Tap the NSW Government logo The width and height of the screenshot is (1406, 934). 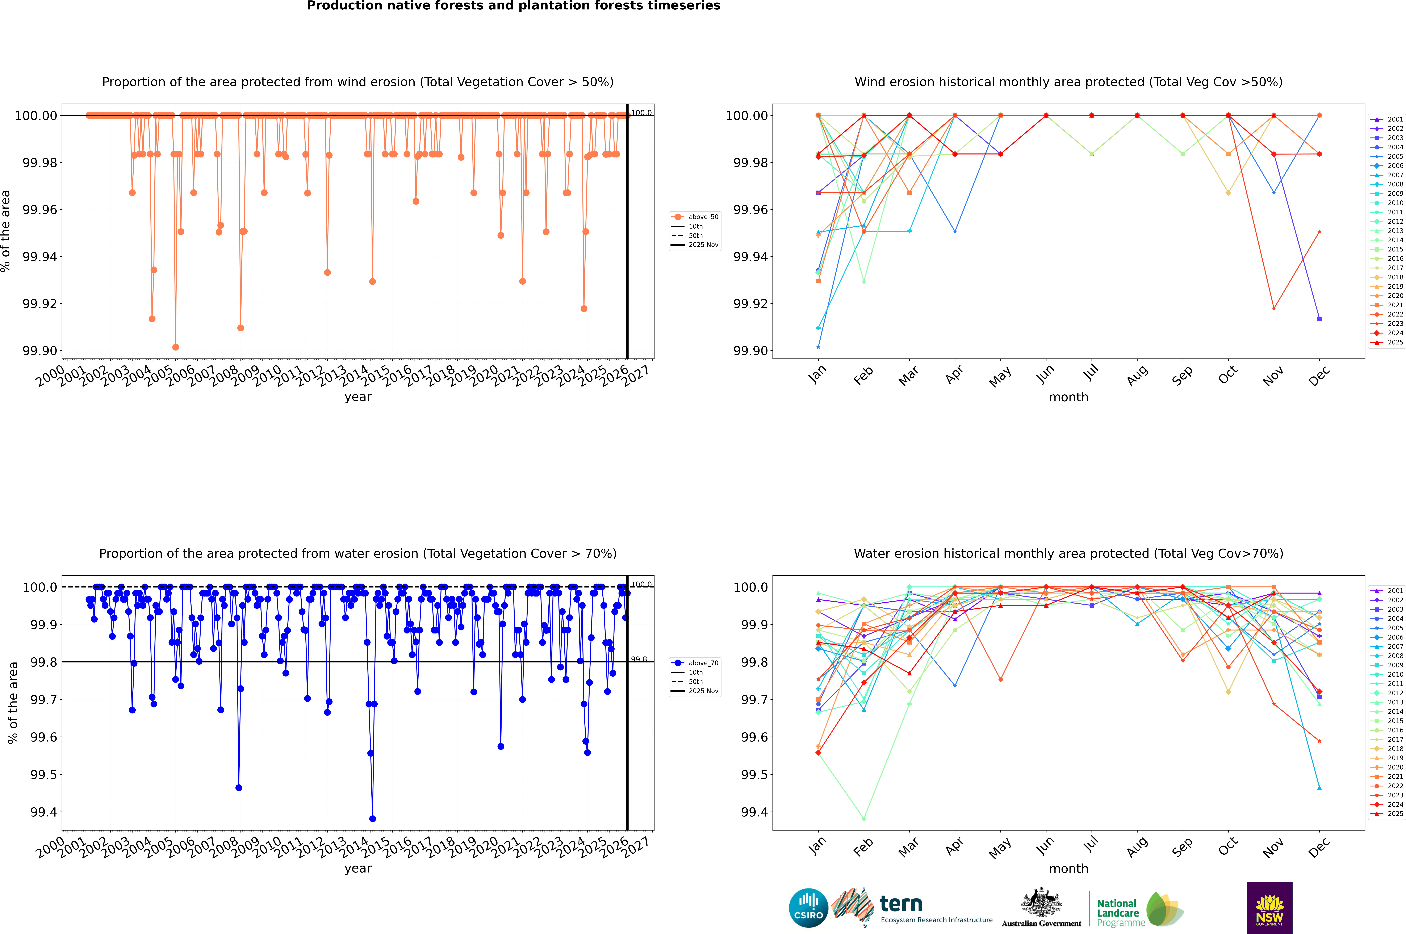[x=1269, y=908]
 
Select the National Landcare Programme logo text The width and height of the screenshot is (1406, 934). [x=1118, y=913]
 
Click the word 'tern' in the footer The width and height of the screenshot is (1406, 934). [x=901, y=904]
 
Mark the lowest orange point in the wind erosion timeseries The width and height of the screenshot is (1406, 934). [x=175, y=347]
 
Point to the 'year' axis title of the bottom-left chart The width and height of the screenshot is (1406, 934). [x=358, y=869]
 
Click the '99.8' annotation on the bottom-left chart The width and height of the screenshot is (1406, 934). [x=639, y=659]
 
